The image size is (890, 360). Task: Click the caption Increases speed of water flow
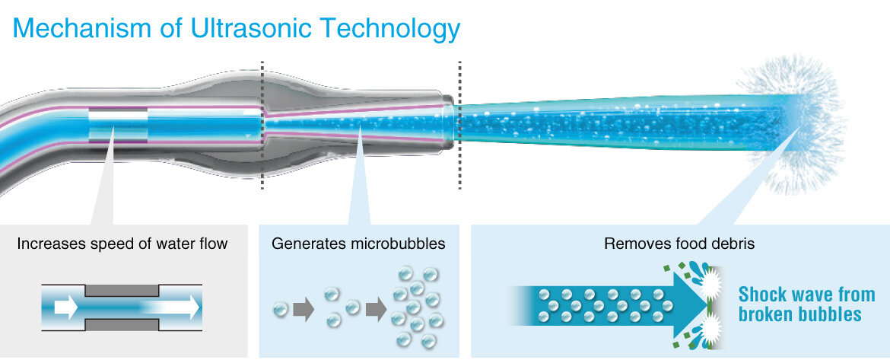pos(122,244)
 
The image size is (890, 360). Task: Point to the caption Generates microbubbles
pos(358,244)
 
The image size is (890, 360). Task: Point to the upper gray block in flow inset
pos(122,290)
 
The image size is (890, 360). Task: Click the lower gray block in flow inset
pos(122,325)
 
